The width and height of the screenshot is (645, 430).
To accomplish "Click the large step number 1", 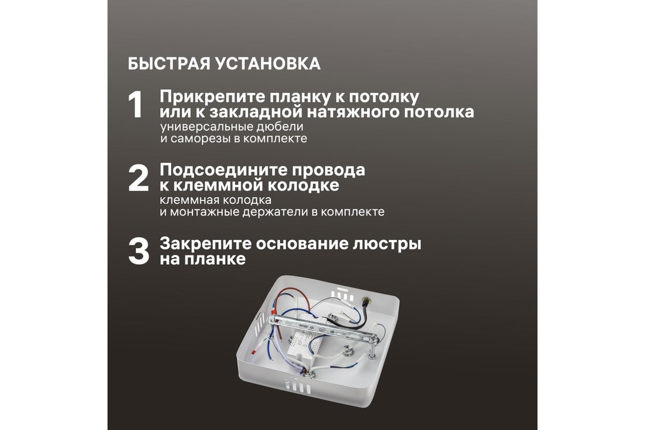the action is pos(136,105).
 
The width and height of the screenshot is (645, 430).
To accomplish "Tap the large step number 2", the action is pos(139,178).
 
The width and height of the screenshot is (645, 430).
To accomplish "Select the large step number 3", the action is pos(139,252).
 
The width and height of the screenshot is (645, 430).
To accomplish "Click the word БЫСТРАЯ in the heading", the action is pos(169,63).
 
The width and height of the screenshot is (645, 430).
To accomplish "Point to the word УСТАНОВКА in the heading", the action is pos(268,63).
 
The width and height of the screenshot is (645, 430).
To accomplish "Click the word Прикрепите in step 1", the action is pos(212,97).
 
